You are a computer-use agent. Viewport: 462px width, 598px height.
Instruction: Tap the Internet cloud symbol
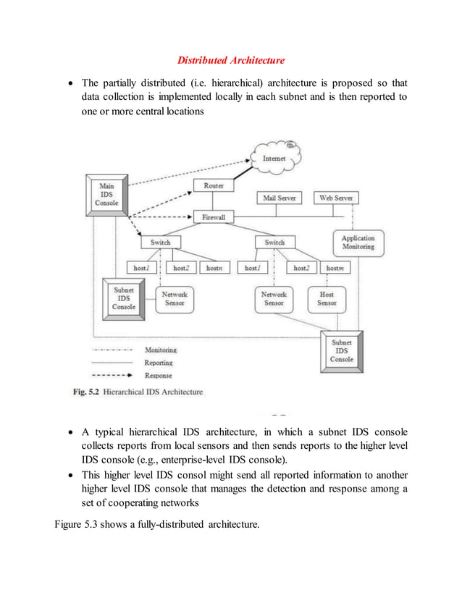(273, 157)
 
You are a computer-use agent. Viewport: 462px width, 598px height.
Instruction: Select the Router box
(214, 186)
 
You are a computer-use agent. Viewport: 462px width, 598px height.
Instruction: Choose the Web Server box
(335, 198)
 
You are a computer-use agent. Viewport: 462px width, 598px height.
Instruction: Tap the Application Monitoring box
(358, 243)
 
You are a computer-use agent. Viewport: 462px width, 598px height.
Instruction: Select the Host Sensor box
(327, 299)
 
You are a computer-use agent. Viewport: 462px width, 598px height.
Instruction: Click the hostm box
(335, 268)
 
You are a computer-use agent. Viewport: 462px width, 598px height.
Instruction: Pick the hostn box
(214, 268)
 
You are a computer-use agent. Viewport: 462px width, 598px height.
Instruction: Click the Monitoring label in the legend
(160, 350)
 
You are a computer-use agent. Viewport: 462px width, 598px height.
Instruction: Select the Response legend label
(158, 376)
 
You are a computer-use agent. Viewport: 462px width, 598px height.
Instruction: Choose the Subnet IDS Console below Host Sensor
(343, 350)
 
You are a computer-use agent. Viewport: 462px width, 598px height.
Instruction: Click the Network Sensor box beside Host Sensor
(274, 299)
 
